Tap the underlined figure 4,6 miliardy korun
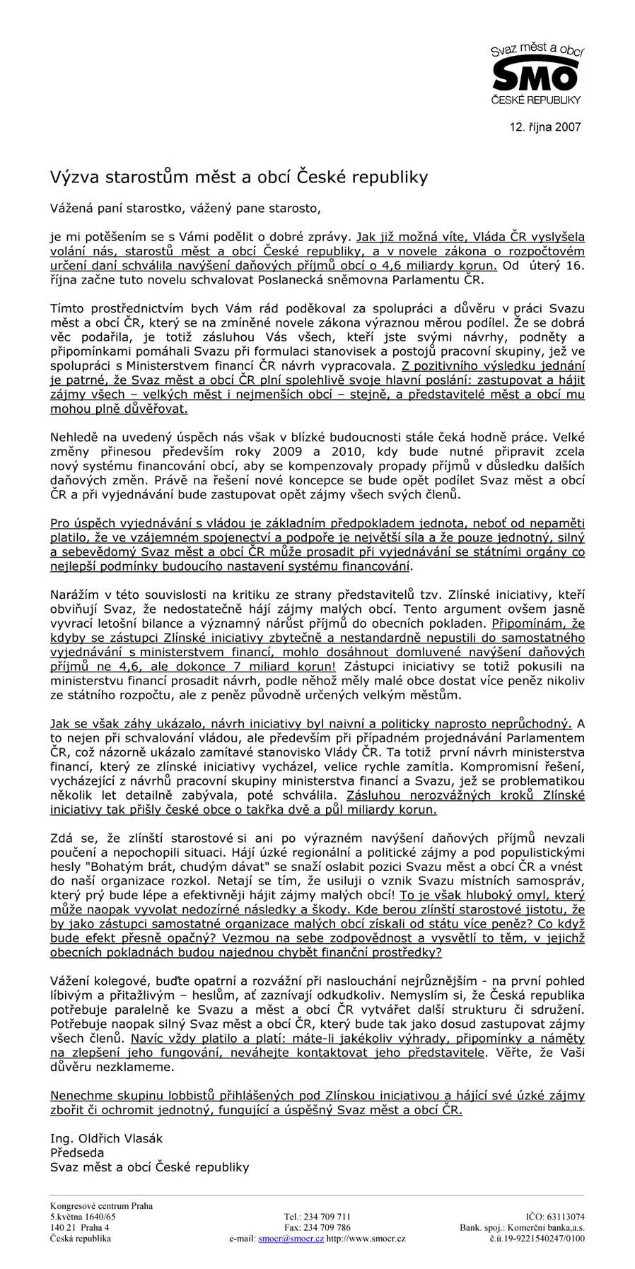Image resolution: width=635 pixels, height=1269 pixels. [433, 266]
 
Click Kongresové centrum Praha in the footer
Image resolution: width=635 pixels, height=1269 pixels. [101, 1206]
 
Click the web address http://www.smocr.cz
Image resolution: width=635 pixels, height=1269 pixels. [366, 1239]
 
